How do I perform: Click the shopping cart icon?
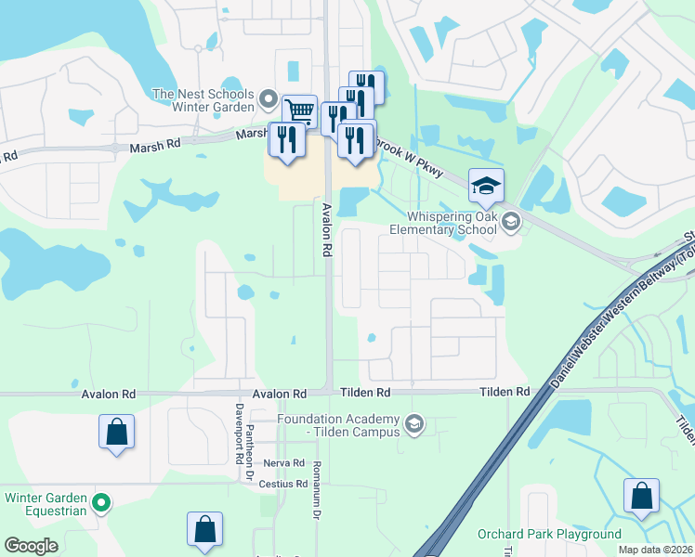299,111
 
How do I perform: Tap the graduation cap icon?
486,186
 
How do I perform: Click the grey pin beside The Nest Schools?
269,97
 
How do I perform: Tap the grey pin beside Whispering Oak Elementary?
510,221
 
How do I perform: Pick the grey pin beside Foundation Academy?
414,425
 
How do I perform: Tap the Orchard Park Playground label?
549,535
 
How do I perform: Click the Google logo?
31,546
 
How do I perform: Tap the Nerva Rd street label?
284,463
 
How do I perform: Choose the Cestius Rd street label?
283,485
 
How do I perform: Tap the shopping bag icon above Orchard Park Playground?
641,496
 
